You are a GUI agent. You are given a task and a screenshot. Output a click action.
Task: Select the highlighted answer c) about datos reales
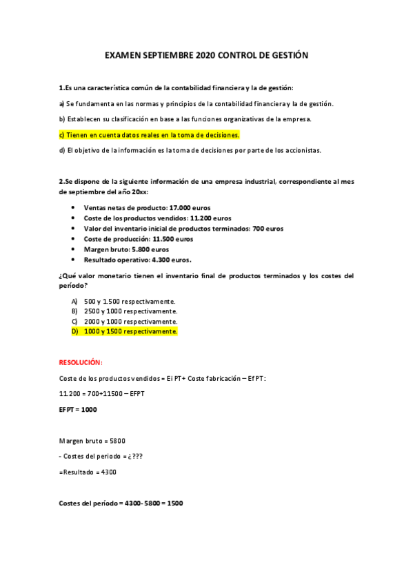tap(149, 134)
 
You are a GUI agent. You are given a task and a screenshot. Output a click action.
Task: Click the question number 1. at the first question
tap(61, 87)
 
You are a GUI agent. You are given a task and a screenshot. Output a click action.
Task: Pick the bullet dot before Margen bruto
tap(74, 249)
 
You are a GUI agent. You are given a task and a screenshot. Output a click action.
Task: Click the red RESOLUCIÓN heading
tap(81, 362)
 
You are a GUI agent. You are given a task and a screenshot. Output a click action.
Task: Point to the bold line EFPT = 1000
tap(78, 409)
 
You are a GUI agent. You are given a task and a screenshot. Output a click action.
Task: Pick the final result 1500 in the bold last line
tap(174, 503)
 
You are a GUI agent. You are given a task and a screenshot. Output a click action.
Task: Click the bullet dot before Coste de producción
tap(74, 239)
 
